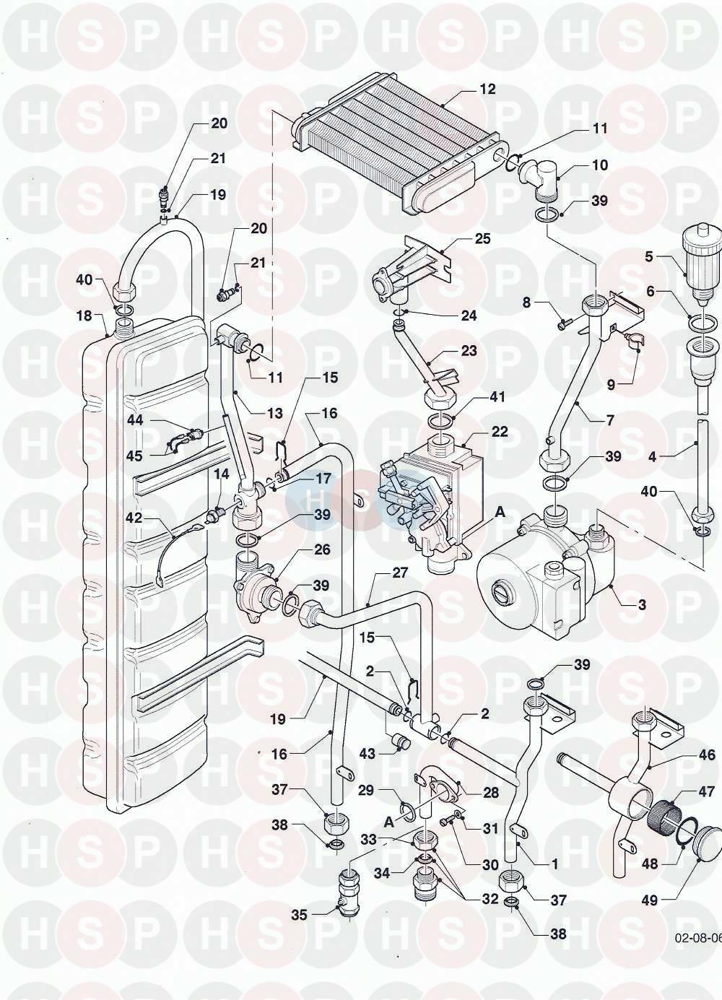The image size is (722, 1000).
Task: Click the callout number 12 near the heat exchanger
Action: pos(488,90)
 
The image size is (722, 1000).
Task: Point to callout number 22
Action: pos(500,432)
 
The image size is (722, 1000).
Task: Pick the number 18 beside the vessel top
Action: pos(84,316)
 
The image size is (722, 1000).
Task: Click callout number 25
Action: pos(482,239)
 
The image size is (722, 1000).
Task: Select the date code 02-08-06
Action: pos(697,939)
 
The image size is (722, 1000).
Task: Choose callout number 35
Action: pos(300,915)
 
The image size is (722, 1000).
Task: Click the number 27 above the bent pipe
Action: pos(400,573)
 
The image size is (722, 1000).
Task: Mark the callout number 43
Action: pos(367,753)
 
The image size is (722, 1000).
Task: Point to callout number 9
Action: pos(611,385)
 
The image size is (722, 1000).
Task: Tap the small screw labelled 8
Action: pos(563,325)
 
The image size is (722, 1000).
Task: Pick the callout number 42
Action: pos(134,517)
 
